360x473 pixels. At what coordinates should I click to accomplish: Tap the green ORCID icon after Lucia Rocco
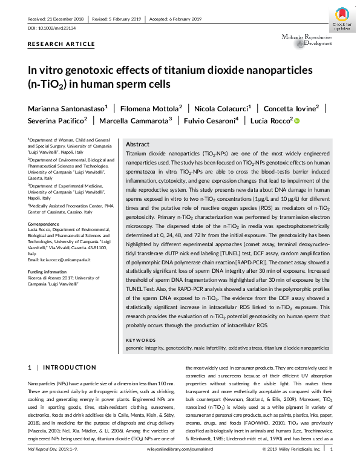(296, 120)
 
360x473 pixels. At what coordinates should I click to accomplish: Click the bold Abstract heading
(137, 145)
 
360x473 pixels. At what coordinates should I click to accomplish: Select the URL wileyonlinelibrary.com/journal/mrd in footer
(180, 466)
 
